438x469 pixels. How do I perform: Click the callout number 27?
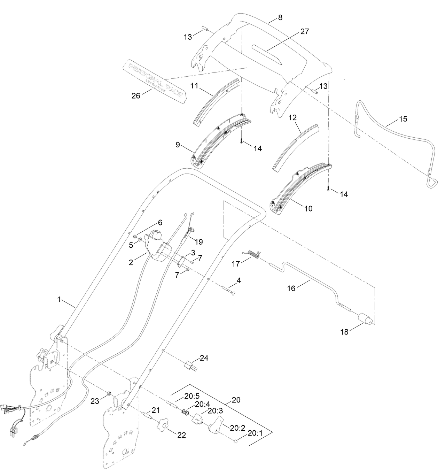pyautogui.click(x=304, y=31)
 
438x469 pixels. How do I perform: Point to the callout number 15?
pyautogui.click(x=402, y=119)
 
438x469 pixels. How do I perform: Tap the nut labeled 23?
pyautogui.click(x=109, y=393)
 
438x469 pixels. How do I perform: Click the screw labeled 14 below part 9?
pyautogui.click(x=241, y=140)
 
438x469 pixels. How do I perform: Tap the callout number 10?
pyautogui.click(x=308, y=209)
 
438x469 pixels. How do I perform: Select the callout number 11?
pyautogui.click(x=194, y=85)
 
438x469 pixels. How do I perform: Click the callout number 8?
pyautogui.click(x=280, y=17)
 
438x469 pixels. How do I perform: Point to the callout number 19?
pyautogui.click(x=199, y=241)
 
